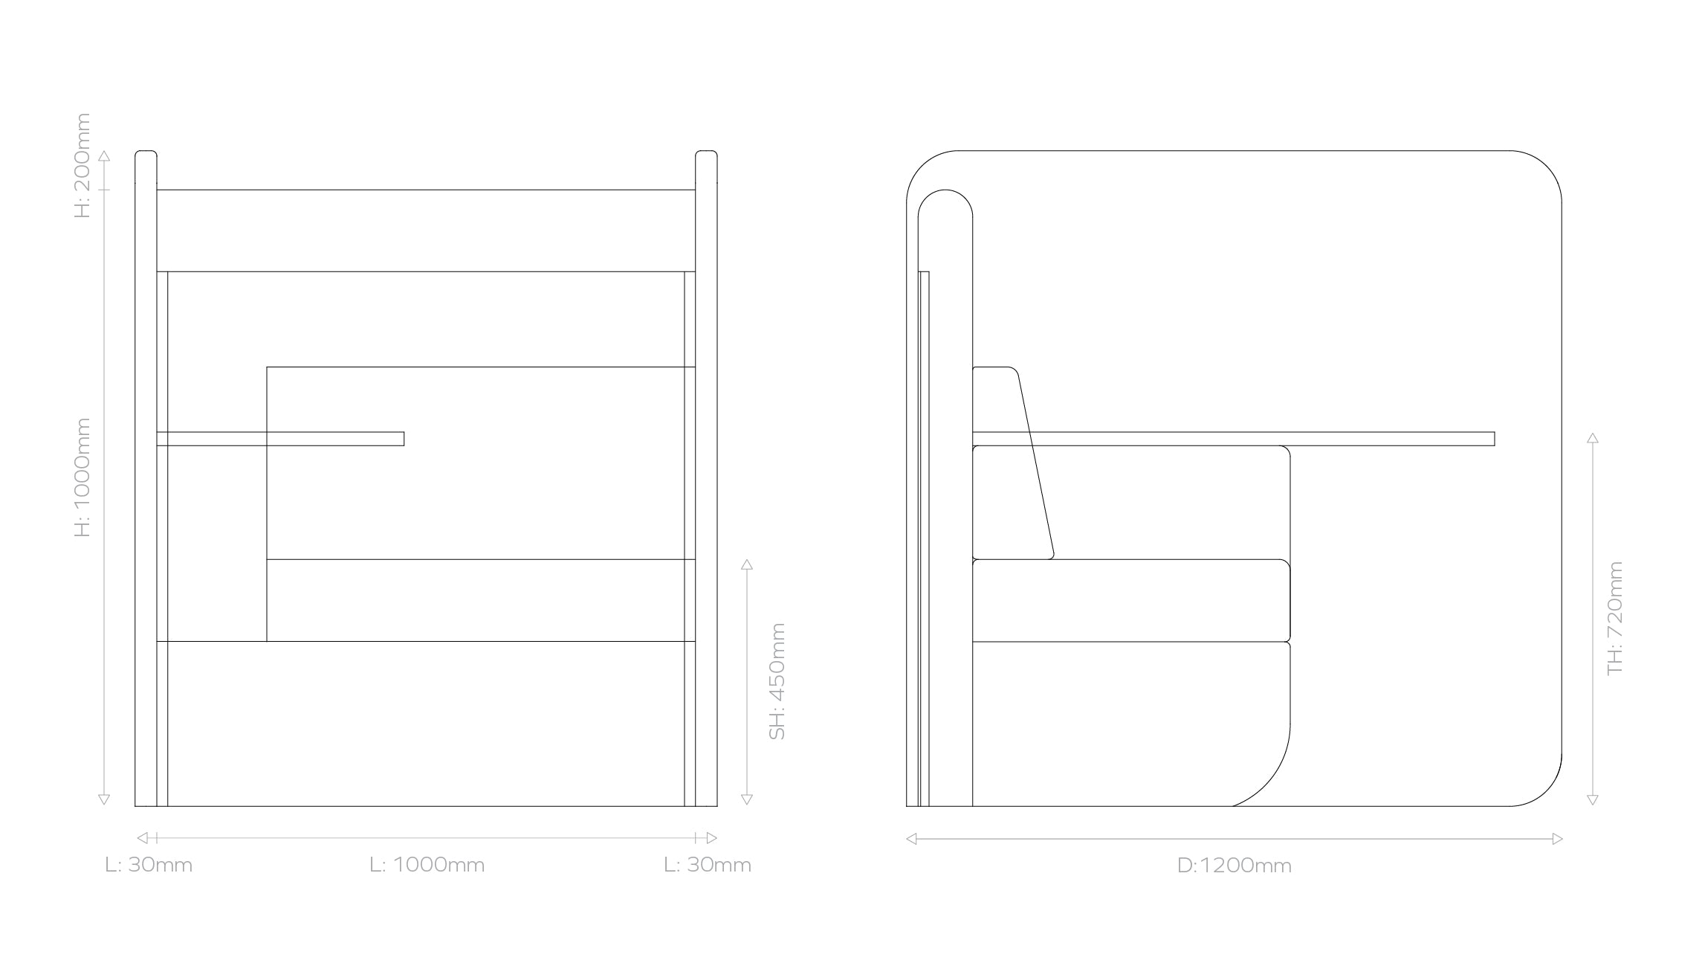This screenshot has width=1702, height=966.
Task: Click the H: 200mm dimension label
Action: point(82,165)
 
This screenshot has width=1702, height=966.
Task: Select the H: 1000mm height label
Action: point(82,477)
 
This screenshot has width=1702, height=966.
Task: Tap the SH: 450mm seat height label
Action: point(777,681)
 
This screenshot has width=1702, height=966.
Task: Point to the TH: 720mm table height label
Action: point(1615,618)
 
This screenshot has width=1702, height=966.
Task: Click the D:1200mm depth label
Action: point(1234,866)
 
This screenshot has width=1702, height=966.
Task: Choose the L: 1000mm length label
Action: point(427,865)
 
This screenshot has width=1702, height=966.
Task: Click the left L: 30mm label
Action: point(149,865)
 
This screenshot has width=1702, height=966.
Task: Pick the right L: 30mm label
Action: point(708,865)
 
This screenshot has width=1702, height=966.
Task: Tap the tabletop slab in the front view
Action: point(280,439)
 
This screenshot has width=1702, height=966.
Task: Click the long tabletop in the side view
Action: point(1233,439)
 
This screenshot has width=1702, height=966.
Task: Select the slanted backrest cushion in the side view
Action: point(1012,463)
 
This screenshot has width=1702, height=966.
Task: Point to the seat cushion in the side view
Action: point(1130,600)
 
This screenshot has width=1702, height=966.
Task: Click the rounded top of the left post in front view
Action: point(146,155)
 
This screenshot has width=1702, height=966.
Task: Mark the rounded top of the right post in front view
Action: point(706,155)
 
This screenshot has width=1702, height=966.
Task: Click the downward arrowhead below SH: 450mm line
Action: point(747,800)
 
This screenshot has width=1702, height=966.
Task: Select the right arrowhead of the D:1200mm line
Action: point(1557,839)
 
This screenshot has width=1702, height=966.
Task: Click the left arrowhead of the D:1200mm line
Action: point(911,839)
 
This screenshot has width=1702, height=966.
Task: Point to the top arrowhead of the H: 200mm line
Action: point(104,156)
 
